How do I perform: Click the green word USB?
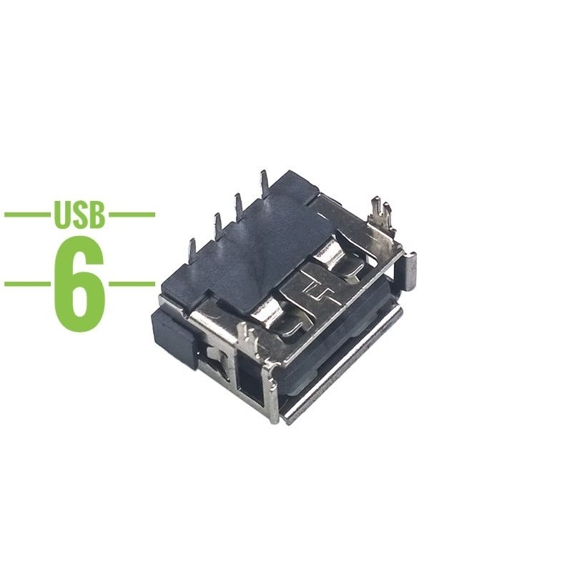tap(79, 214)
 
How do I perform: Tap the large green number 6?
tap(79, 284)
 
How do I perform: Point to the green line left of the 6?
tap(27, 284)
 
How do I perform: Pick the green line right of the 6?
tap(132, 284)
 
